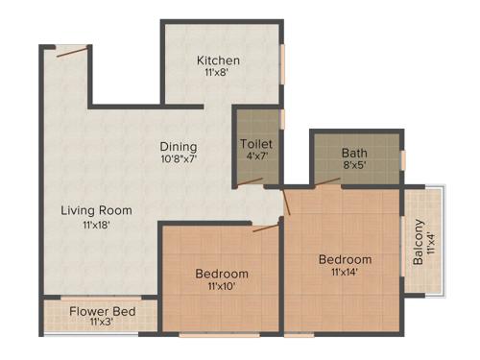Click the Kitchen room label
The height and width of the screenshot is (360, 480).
[x=218, y=60]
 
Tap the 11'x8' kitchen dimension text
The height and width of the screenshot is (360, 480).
[x=218, y=73]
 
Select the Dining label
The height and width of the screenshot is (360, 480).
[x=179, y=147]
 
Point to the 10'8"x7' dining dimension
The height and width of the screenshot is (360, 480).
[x=179, y=159]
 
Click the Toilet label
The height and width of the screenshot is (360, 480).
[x=256, y=145]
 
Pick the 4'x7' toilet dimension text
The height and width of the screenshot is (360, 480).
[x=256, y=157]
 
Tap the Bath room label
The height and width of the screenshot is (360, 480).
[x=354, y=152]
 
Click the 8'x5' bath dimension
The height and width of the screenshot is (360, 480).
[x=354, y=164]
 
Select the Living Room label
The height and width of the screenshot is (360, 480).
[x=96, y=210]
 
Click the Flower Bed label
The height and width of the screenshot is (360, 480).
[x=102, y=312]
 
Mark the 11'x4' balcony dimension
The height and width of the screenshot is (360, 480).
[x=431, y=240]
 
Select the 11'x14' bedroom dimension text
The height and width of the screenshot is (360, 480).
[x=346, y=273]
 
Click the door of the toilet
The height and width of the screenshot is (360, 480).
[x=251, y=180]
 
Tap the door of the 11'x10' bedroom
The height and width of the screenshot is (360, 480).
[x=265, y=228]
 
